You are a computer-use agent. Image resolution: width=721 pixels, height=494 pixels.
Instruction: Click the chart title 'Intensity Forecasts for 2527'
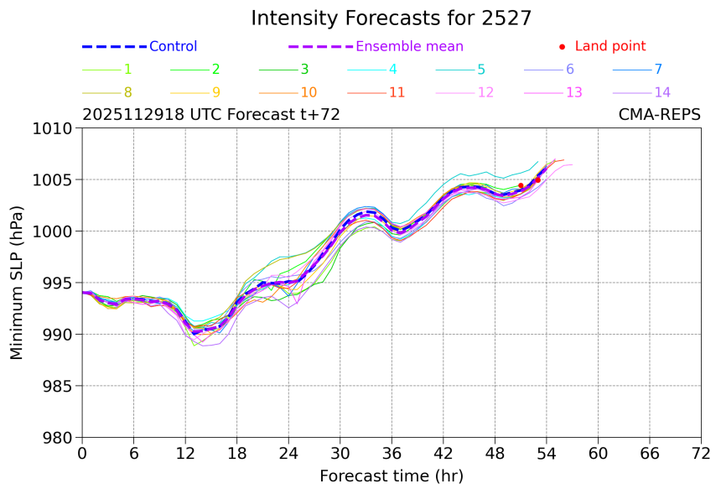tap(391, 18)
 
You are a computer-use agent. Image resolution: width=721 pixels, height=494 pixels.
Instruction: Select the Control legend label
tap(173, 47)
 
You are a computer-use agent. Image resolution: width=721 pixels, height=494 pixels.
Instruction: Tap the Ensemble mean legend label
tap(409, 47)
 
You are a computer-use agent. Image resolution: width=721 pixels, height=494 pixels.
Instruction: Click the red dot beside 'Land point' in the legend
tap(562, 47)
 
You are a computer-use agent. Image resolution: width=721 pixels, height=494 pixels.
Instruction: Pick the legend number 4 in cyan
tap(393, 70)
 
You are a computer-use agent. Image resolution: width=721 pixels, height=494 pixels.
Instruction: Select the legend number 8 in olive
tap(127, 92)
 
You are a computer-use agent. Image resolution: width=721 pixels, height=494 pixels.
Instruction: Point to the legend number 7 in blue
tap(658, 70)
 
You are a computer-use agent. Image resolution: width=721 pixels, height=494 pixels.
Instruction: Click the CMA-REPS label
tap(660, 116)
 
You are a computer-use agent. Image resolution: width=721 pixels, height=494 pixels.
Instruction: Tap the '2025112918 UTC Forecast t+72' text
tap(211, 116)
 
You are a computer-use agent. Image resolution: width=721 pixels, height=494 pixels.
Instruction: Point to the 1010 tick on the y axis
tap(56, 128)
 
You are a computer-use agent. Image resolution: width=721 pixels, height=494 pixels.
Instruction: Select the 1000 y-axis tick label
tap(56, 231)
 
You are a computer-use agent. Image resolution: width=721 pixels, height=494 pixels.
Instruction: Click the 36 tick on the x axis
tap(392, 454)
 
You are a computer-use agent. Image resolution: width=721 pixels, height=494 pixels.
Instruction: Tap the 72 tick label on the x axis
tap(701, 454)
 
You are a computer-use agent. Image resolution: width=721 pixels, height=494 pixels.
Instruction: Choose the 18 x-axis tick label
tap(236, 454)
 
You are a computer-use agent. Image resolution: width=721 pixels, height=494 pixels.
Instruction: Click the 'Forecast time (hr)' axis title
tap(391, 476)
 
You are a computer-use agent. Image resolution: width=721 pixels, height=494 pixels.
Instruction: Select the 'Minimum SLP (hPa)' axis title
tap(17, 283)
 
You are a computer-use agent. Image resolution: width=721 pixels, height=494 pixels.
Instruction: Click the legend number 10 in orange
tap(309, 92)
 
